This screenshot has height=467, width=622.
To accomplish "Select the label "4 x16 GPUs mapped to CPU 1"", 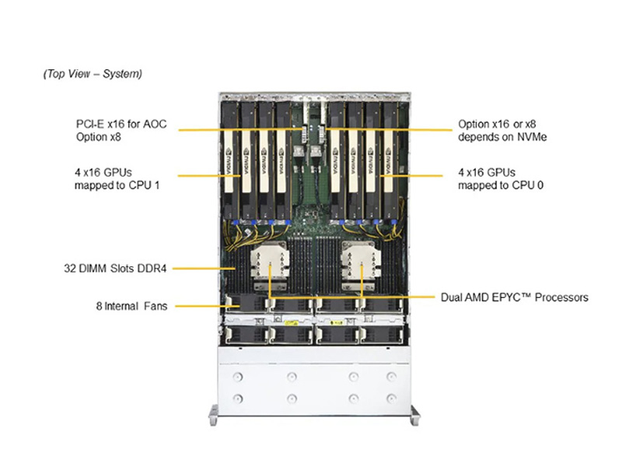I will tap(114, 177).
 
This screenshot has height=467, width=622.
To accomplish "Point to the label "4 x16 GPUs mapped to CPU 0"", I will tap(496, 177).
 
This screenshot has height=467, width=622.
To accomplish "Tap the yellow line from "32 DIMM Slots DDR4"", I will tap(198, 269).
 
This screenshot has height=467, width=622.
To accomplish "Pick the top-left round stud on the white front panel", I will tap(238, 377).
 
